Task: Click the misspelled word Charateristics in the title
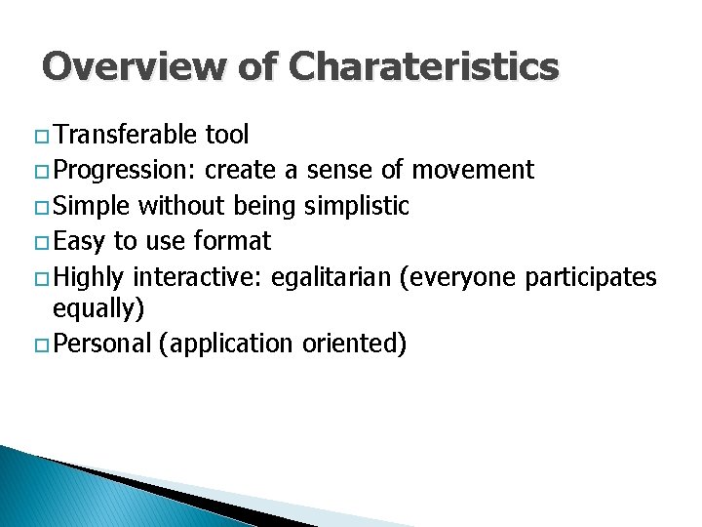(424, 67)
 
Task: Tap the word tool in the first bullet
(227, 135)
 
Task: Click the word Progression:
(126, 171)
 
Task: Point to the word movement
(473, 171)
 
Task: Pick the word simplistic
(357, 206)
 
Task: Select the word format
(234, 241)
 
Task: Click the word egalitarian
(331, 277)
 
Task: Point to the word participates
(591, 277)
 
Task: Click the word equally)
(98, 309)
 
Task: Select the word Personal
(102, 344)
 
